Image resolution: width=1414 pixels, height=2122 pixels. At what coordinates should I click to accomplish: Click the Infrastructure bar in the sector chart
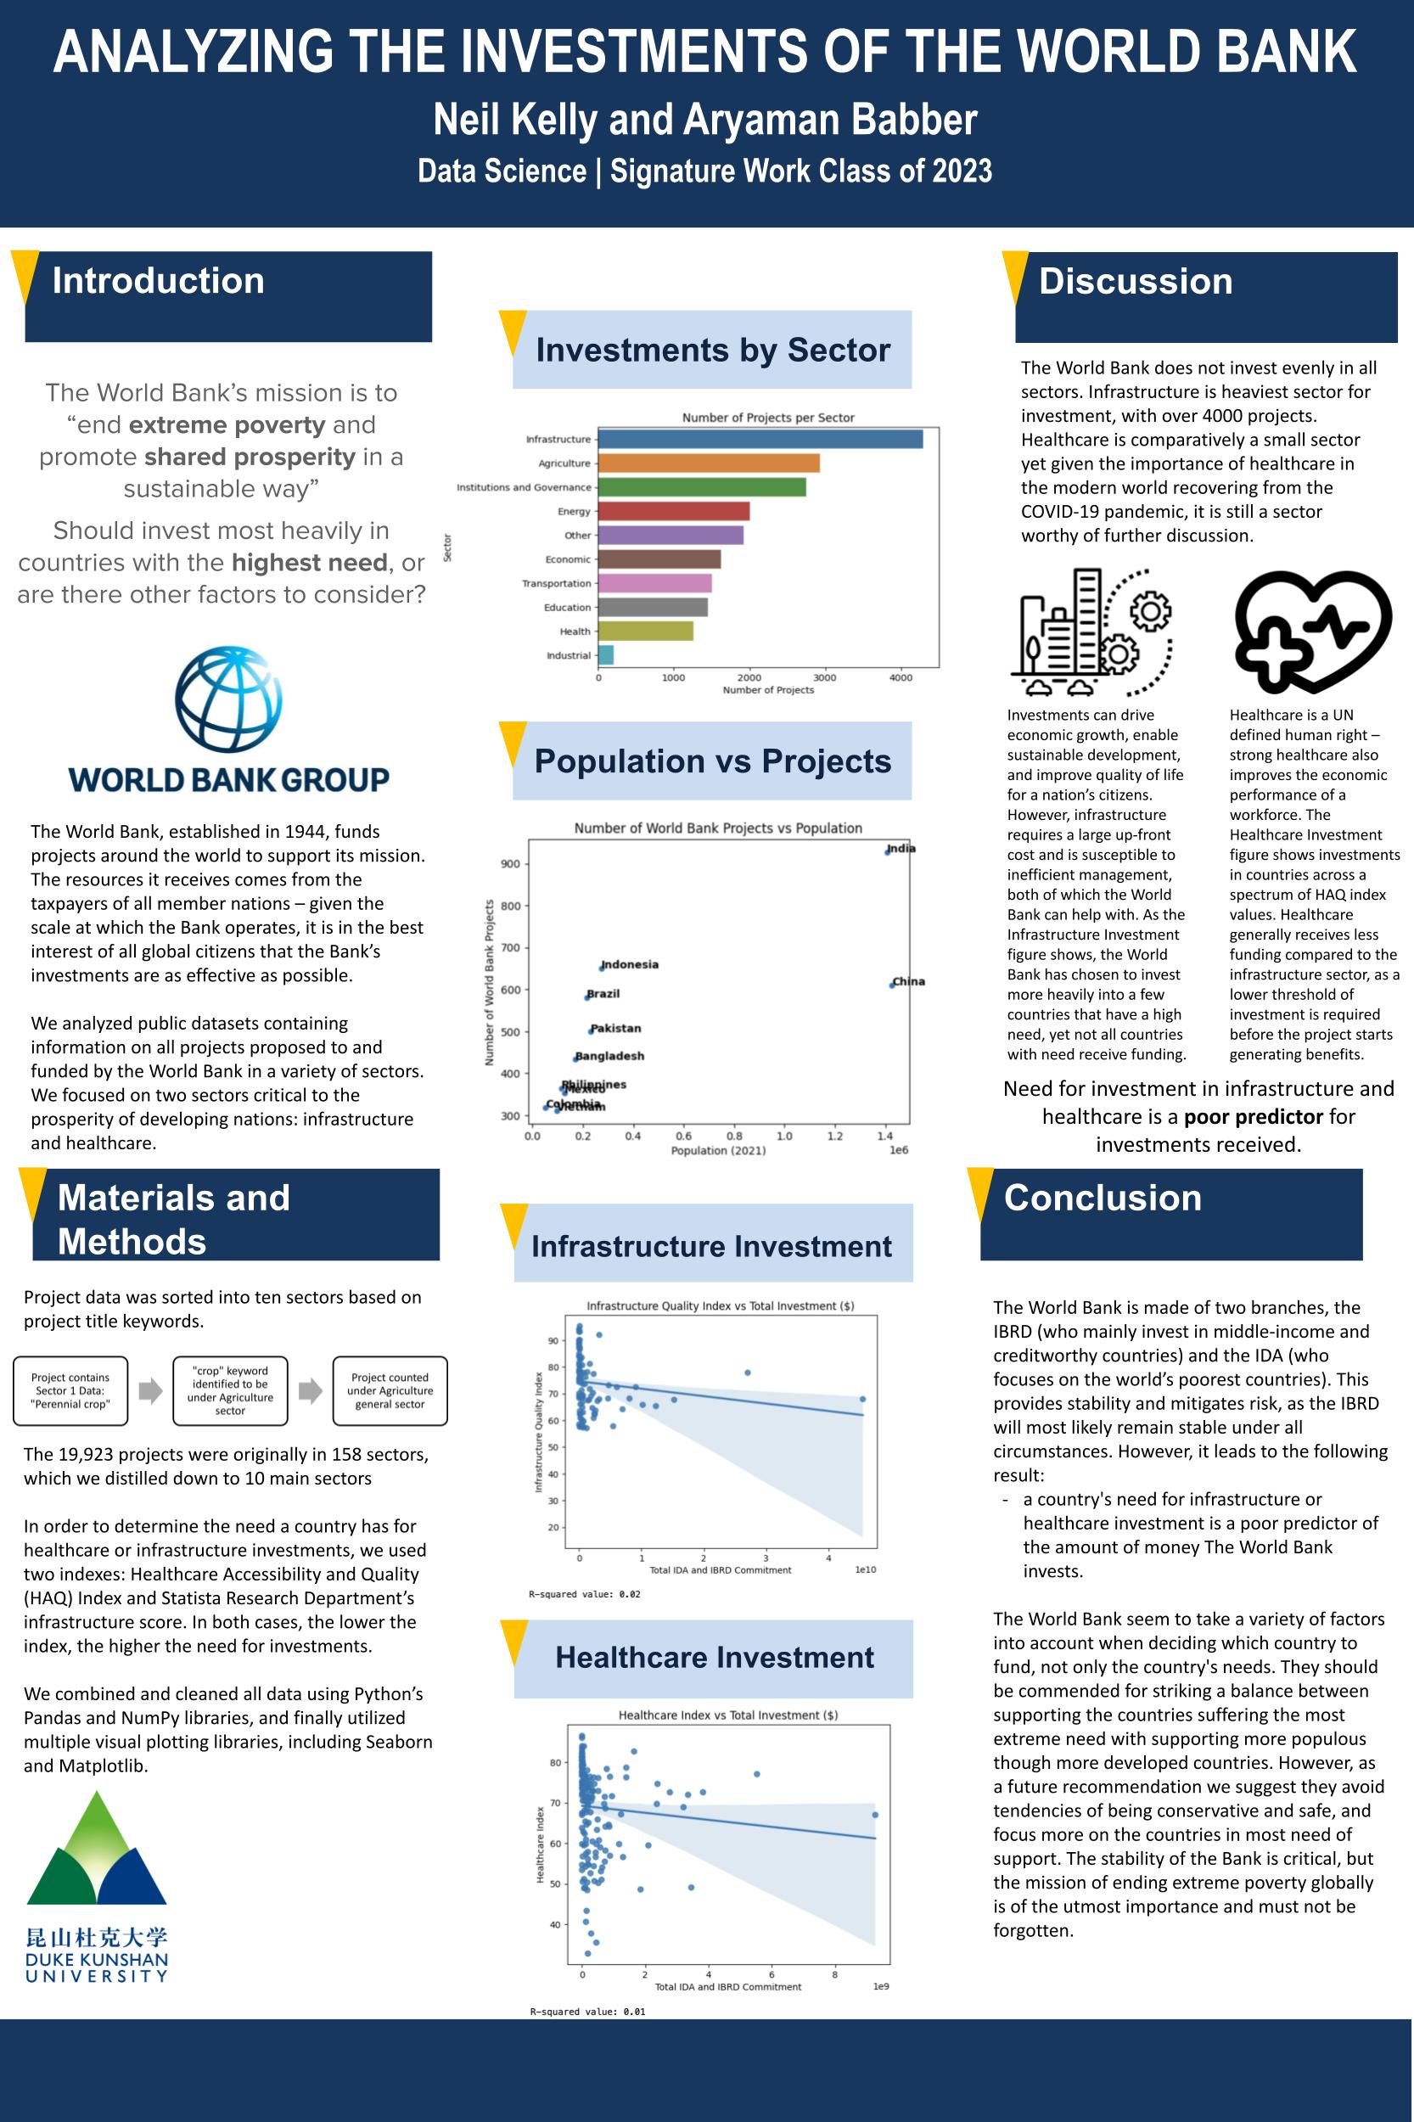760,439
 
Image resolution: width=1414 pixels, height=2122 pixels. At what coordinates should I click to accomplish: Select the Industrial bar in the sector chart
606,655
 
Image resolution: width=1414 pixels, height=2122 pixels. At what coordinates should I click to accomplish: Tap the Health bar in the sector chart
645,632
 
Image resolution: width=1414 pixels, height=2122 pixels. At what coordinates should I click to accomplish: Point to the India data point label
901,849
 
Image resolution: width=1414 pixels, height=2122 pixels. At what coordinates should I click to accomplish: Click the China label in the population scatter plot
909,982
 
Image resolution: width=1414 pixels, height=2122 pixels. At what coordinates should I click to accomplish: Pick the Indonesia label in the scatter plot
630,965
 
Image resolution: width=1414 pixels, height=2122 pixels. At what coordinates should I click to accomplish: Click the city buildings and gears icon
1091,633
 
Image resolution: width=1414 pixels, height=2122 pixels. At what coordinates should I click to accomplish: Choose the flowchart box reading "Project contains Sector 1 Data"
70,1390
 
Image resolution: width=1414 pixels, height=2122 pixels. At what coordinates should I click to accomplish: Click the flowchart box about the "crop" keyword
230,1390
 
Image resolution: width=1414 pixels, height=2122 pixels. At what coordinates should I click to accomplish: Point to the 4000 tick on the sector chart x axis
900,678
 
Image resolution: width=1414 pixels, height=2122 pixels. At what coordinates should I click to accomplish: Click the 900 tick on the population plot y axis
509,864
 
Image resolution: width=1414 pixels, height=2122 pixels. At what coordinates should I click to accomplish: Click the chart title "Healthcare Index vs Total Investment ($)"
727,1715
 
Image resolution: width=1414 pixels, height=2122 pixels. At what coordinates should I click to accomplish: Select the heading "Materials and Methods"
173,1219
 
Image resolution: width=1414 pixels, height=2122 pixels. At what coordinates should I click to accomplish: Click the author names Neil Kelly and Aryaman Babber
705,120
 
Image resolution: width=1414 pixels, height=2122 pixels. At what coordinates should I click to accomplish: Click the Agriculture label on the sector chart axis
564,463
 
